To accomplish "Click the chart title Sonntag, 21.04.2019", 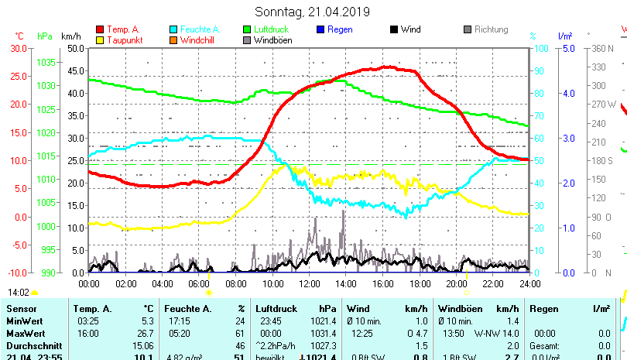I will click(x=313, y=12).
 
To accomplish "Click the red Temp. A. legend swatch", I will click(x=101, y=29).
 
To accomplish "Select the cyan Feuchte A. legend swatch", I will click(x=174, y=29).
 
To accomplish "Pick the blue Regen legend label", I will click(x=340, y=29).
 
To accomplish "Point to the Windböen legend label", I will click(x=272, y=40).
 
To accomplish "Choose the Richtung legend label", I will click(x=492, y=29).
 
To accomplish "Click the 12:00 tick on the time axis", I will click(x=309, y=283).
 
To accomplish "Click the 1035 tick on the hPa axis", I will click(x=46, y=62).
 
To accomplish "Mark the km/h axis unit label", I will click(x=70, y=36).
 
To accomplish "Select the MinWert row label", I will click(x=24, y=321).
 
